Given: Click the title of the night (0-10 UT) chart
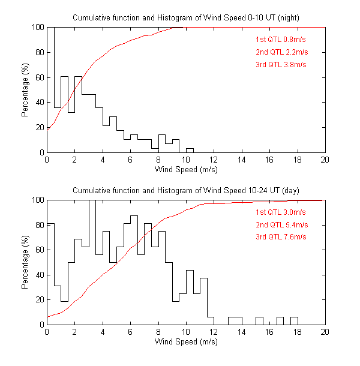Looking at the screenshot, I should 185,18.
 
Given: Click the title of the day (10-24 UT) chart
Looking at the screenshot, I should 185,190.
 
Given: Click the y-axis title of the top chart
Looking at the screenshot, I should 25,90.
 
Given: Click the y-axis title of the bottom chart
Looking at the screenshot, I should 25,262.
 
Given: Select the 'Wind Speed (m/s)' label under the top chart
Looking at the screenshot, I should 185,170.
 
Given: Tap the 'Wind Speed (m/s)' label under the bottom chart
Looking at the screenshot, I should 185,342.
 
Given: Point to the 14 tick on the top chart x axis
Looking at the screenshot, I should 242,160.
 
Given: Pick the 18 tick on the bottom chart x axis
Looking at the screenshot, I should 297,332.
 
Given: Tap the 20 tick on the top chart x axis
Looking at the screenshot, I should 325,160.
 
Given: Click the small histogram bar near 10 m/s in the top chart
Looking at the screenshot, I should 190,150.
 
